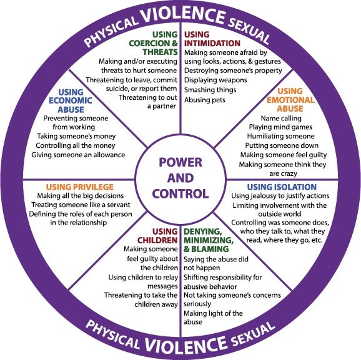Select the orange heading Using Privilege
79,187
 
